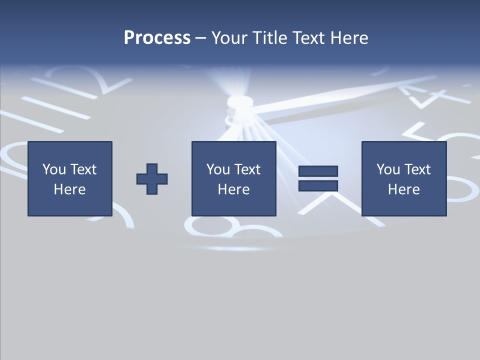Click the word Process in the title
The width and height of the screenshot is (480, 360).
(x=157, y=38)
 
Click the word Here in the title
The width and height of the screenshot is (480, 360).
(x=350, y=38)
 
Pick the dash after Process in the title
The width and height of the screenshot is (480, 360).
(x=201, y=38)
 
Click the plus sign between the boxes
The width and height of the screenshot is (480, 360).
(x=152, y=178)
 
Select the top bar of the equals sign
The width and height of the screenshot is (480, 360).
(x=318, y=171)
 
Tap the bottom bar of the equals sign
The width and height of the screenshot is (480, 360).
(x=318, y=185)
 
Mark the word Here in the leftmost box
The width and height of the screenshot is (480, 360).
(x=69, y=189)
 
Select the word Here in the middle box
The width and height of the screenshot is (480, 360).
(x=233, y=189)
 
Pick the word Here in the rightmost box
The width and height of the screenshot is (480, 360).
(x=403, y=189)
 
